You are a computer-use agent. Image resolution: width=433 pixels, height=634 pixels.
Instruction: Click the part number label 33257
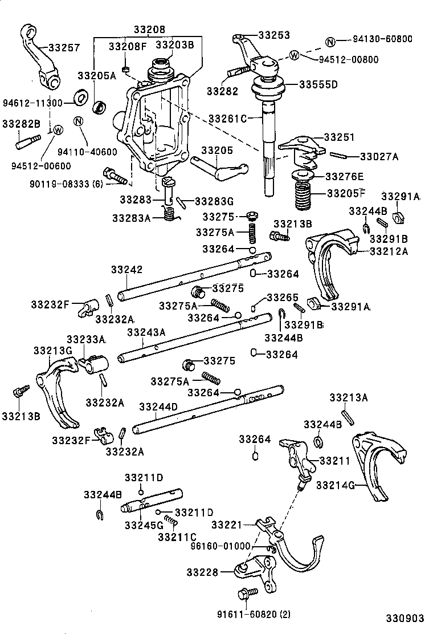[x=64, y=48]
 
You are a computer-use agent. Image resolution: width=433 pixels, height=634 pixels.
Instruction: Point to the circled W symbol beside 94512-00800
[x=294, y=55]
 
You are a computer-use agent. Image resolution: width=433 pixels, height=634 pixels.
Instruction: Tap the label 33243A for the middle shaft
[x=146, y=332]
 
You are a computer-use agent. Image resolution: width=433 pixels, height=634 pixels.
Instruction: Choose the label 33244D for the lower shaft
[x=159, y=406]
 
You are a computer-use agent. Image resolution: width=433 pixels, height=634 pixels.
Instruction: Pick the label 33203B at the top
[x=175, y=44]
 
